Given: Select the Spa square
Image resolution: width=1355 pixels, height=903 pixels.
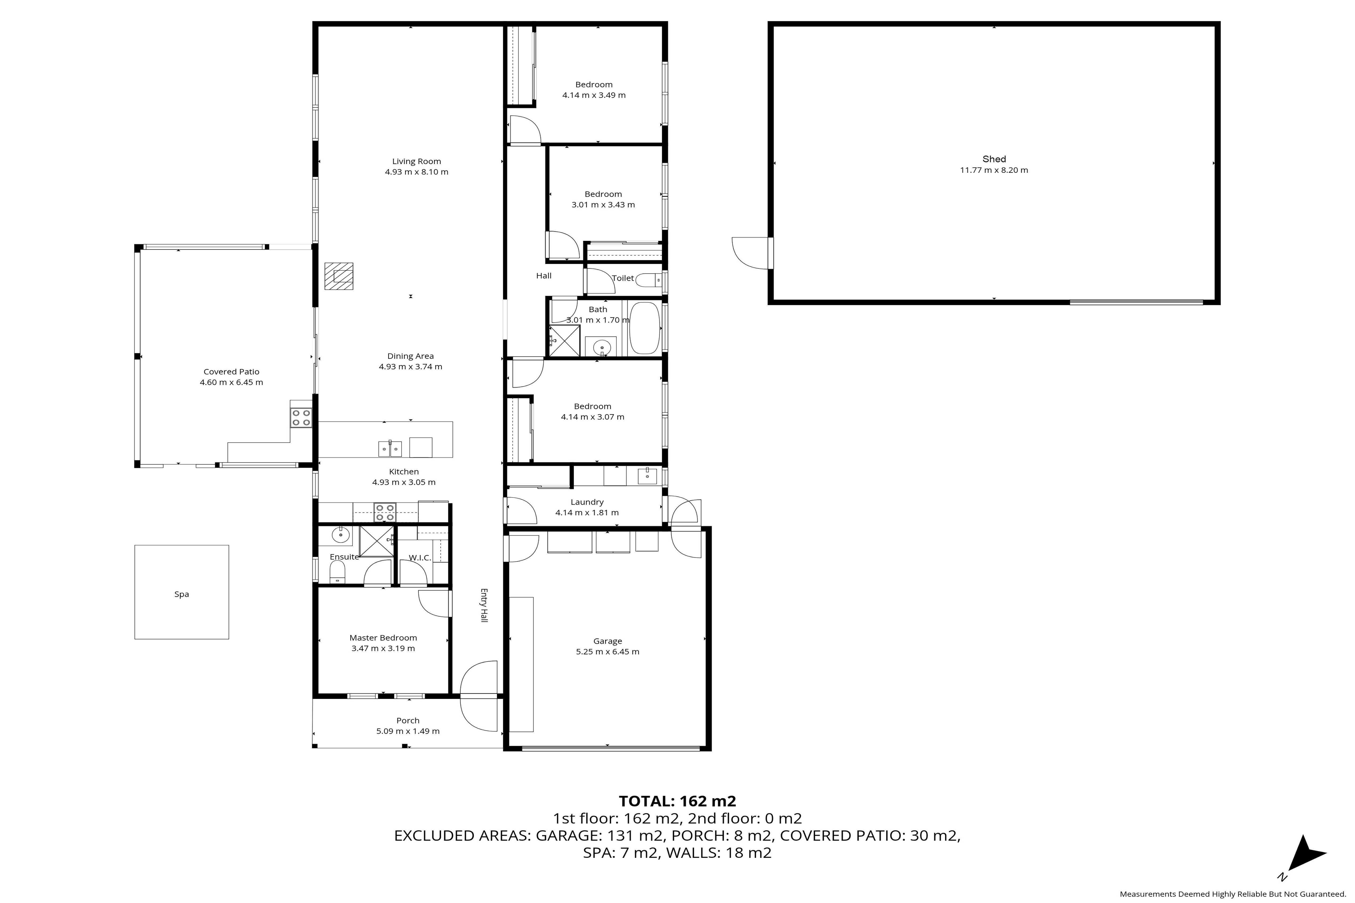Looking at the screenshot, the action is pos(181,592).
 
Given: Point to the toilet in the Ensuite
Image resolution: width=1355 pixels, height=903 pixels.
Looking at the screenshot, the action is pos(337,572).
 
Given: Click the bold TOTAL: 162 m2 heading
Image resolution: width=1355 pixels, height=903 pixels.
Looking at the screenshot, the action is pos(677,801).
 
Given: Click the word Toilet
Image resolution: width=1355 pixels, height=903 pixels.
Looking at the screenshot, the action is pos(623,278).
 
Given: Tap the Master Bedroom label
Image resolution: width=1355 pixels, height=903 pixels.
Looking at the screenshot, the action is pos(383,638).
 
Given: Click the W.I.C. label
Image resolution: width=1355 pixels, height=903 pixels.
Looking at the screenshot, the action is pos(420,558).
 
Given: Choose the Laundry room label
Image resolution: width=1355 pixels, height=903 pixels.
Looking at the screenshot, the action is pos(587,502).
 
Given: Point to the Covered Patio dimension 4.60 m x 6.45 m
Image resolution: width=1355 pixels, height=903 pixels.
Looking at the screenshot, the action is pos(231,382).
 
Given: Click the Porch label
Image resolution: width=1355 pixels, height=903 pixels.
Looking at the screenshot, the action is pos(408,721).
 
